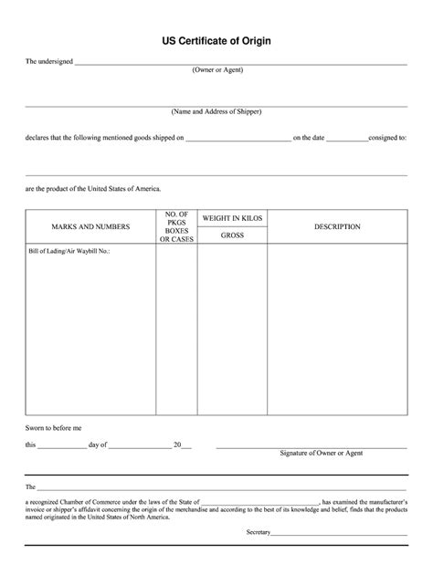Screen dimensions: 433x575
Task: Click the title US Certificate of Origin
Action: click(216, 41)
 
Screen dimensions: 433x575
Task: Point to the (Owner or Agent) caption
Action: click(216, 70)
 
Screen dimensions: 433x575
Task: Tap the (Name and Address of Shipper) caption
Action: click(216, 111)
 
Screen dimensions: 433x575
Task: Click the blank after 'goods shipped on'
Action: click(238, 141)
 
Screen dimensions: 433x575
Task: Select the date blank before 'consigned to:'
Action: click(346, 141)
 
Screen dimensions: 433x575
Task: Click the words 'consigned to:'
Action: click(387, 139)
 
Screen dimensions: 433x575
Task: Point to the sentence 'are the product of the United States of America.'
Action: click(93, 188)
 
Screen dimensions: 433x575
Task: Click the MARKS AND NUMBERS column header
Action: click(90, 226)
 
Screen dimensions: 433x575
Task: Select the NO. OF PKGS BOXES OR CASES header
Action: click(176, 226)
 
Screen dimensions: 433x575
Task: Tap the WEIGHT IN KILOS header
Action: click(232, 219)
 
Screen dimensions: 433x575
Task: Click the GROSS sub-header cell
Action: click(232, 235)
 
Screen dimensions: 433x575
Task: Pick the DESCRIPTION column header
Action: click(337, 226)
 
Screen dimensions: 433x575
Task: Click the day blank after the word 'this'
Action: click(63, 446)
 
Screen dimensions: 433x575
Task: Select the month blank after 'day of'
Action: click(141, 446)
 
